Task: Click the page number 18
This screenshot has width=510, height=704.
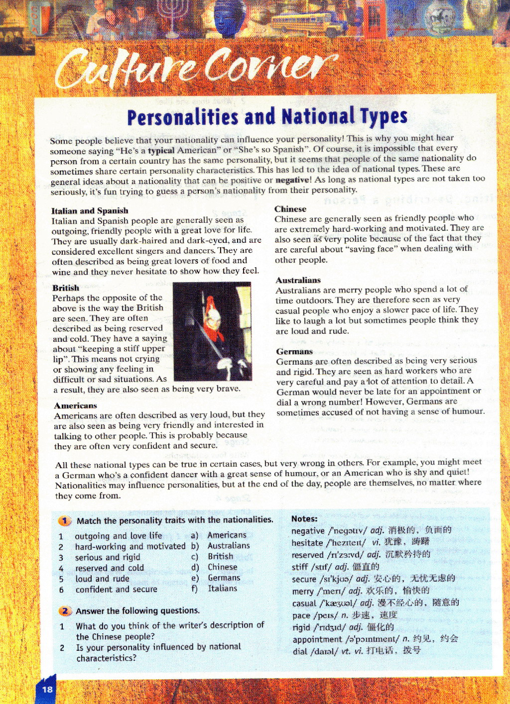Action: tap(47, 689)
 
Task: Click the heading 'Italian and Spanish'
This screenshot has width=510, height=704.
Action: tap(90, 210)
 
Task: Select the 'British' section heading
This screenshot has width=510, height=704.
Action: tap(66, 288)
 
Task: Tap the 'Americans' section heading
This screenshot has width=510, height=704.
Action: tap(75, 405)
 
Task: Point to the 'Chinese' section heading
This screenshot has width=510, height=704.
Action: tap(290, 209)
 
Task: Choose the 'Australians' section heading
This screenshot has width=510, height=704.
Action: tap(298, 280)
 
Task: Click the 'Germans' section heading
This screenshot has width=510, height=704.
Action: tap(294, 351)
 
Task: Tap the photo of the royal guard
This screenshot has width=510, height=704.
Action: tap(212, 331)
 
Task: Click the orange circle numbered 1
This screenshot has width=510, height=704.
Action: tap(65, 521)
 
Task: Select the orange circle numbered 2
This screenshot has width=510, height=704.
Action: tap(65, 611)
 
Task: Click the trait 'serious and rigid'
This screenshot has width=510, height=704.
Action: tap(108, 557)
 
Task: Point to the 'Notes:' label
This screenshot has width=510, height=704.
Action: tap(304, 518)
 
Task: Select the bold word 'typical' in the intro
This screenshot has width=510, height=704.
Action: tap(161, 150)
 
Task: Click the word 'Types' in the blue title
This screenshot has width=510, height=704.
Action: tap(383, 116)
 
